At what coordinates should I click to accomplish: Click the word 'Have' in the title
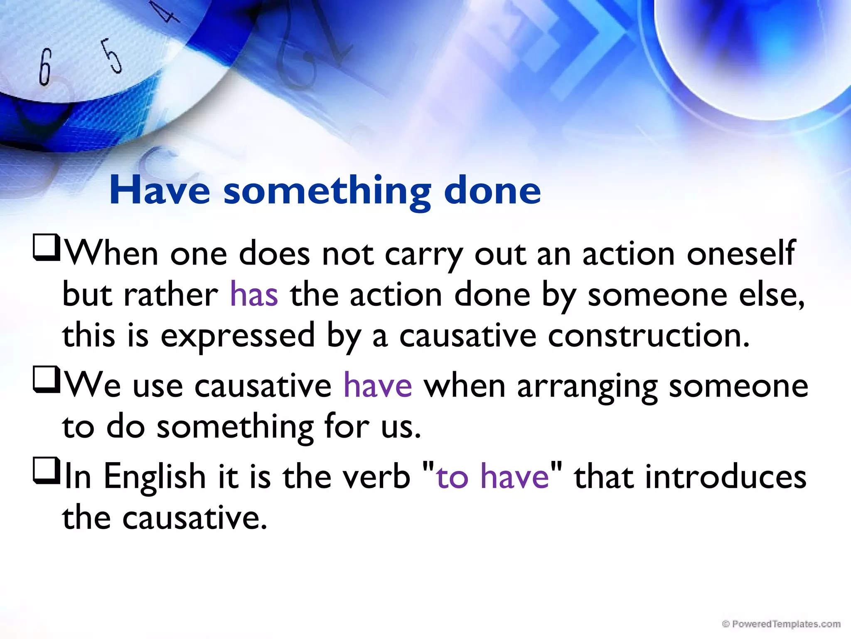tap(160, 191)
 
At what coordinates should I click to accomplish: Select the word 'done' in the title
tap(492, 191)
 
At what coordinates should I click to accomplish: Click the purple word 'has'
tap(254, 295)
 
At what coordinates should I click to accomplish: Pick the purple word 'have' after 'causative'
tap(378, 386)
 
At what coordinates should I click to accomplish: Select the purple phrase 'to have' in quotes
tap(493, 476)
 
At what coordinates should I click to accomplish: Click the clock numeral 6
tap(45, 67)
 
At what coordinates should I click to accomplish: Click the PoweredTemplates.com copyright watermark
tap(781, 624)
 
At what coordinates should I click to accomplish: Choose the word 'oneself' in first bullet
tap(740, 254)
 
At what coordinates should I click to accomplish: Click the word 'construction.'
tap(649, 336)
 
